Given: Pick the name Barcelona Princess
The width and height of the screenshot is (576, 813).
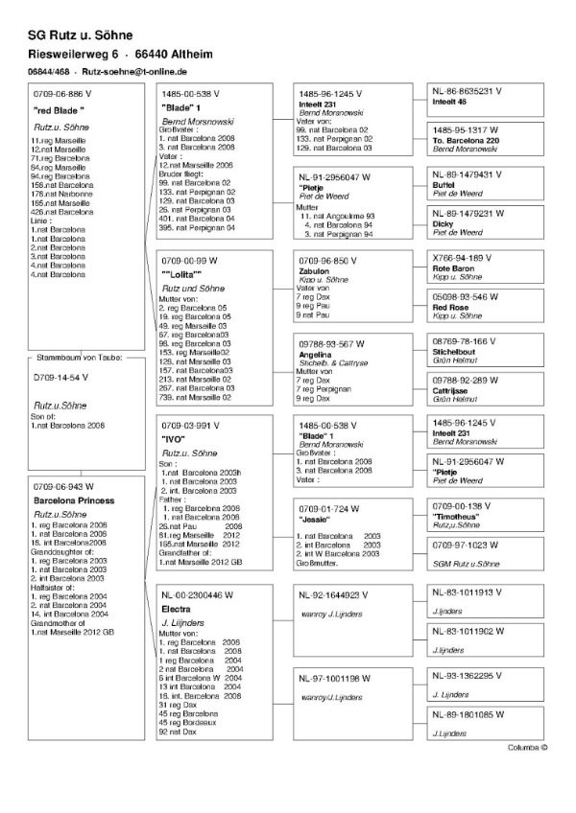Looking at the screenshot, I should tap(74, 500).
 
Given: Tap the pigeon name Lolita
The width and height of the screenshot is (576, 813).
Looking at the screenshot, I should tap(181, 275).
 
